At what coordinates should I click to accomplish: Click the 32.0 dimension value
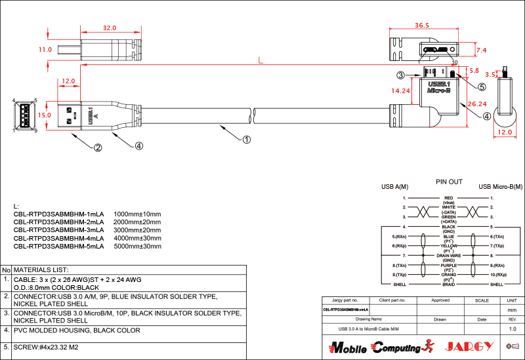pos(109,28)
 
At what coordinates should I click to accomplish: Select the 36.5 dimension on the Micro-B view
pos(422,26)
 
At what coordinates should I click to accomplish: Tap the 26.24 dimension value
pos(477,104)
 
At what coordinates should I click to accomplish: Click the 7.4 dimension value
pos(481,50)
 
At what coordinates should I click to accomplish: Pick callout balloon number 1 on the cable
pos(247,139)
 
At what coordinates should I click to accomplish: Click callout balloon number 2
pos(98,148)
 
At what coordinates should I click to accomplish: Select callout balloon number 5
pos(481,87)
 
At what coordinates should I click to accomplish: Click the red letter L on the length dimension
pos(261,61)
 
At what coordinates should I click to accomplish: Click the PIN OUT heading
pos(449,182)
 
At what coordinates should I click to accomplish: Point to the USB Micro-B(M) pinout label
pos(500,187)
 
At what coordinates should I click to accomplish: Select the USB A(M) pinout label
pos(394,187)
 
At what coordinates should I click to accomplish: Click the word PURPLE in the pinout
pos(449,265)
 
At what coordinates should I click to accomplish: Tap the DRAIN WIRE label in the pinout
pos(449,255)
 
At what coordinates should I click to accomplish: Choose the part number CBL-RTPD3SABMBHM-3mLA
pos(58,230)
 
